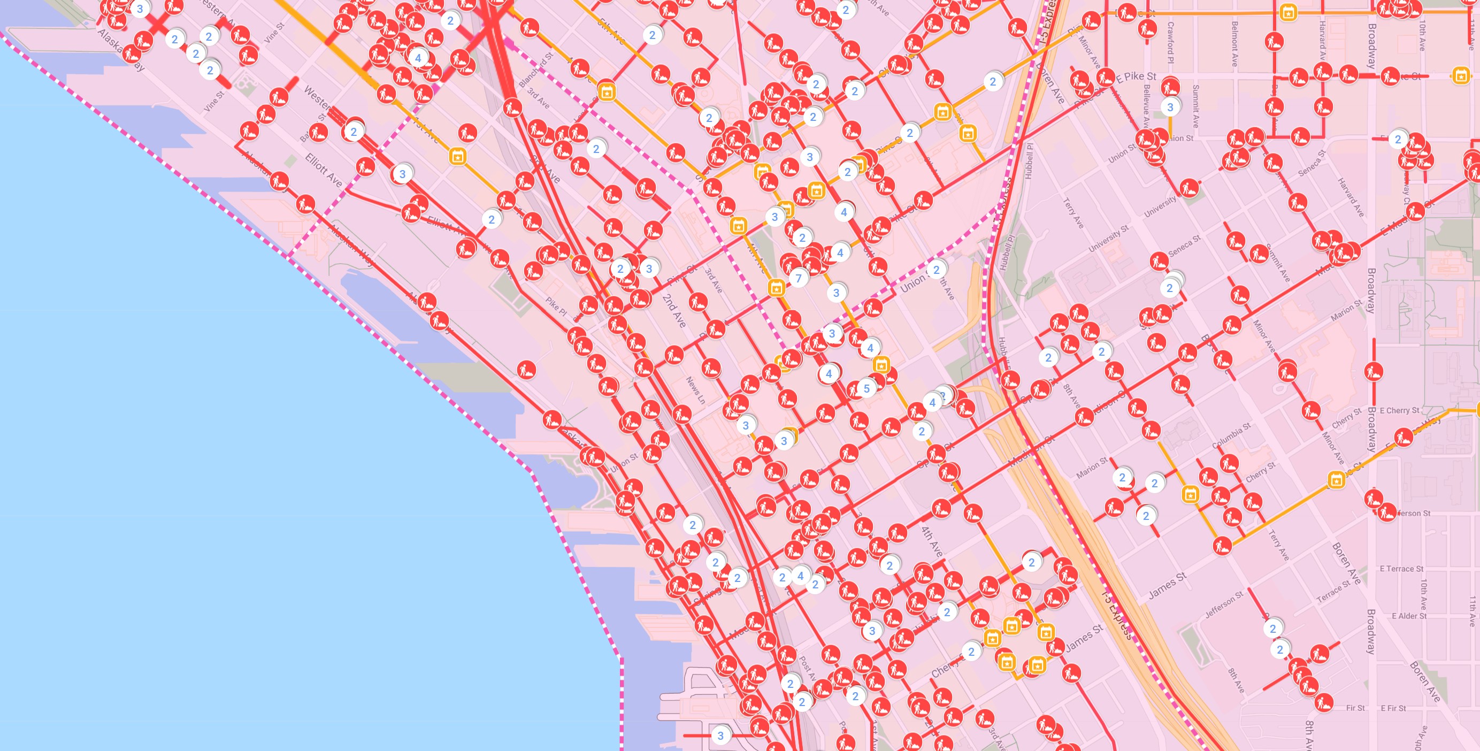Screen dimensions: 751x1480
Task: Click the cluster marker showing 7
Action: click(798, 279)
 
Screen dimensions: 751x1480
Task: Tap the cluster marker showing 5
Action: click(866, 388)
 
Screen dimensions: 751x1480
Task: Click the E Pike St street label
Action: click(1137, 76)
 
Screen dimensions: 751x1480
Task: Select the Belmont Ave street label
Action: click(1234, 44)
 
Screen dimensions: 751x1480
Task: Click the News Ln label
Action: click(695, 390)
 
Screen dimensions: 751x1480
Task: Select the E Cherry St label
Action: click(1399, 410)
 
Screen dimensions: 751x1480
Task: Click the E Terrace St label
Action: click(1401, 569)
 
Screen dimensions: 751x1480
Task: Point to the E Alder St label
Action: click(1409, 616)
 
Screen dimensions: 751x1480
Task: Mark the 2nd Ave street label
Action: click(674, 311)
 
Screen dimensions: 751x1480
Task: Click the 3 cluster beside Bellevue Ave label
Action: click(1170, 108)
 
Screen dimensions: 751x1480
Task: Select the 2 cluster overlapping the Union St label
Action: click(936, 270)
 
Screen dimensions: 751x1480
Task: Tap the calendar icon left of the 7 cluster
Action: click(776, 287)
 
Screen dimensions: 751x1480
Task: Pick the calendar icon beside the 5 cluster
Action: click(881, 364)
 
